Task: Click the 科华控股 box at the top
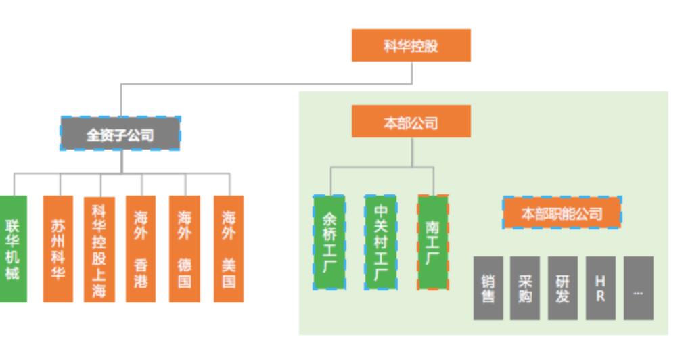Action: [x=411, y=45]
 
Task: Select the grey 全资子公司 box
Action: [x=120, y=133]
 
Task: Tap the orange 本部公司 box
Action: [x=411, y=122]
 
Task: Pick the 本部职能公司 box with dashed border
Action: [x=562, y=213]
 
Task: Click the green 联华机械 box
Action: [x=13, y=249]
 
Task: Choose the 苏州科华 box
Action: [x=58, y=249]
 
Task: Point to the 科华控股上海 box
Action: [x=99, y=249]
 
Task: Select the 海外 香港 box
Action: [x=141, y=249]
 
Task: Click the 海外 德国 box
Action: [x=185, y=249]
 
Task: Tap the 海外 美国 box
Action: [x=229, y=249]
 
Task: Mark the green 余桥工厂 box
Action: [x=329, y=242]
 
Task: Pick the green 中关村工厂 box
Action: [x=381, y=242]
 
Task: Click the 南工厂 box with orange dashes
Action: [x=433, y=242]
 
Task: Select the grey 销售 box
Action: [x=488, y=288]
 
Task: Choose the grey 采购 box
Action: [x=525, y=288]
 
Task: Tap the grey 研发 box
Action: [x=562, y=288]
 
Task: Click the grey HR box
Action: [x=600, y=288]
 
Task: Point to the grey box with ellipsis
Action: [x=638, y=288]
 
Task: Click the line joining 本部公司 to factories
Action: [x=412, y=153]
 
